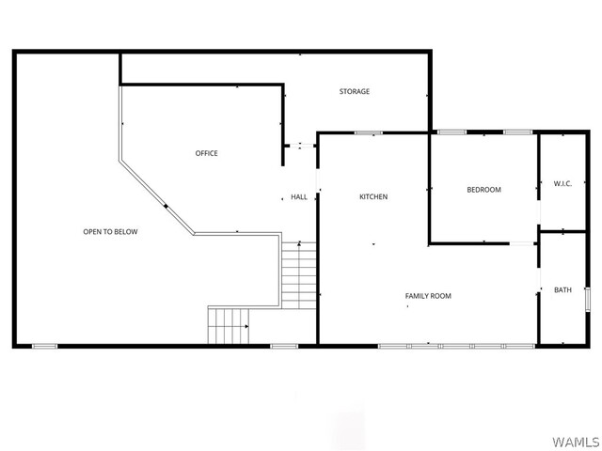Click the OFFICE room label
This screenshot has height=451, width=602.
coord(207,153)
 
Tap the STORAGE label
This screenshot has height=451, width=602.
coord(355,91)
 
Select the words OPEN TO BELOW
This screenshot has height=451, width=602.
coord(110,232)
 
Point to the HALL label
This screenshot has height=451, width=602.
coord(299,197)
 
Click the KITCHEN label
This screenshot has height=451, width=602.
coord(373,196)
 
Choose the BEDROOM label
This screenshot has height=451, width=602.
coord(483,190)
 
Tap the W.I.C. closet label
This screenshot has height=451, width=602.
coord(562,184)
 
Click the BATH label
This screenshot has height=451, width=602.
coord(562,290)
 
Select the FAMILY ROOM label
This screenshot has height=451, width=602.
coord(428,296)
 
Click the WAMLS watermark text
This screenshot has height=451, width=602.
coord(576,442)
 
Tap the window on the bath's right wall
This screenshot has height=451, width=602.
coord(587,299)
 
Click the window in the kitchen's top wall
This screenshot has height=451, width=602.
coord(368,133)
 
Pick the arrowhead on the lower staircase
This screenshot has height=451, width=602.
coord(246,326)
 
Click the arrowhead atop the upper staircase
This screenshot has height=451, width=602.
coord(299,243)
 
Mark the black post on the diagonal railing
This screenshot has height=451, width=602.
coord(166,207)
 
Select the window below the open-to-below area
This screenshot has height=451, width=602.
coord(44,347)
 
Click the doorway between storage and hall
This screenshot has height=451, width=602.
coord(300,146)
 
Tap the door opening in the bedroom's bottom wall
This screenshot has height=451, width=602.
coord(522,243)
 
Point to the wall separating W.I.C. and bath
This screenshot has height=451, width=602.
coord(562,232)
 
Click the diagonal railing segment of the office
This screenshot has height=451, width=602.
coord(157,197)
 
